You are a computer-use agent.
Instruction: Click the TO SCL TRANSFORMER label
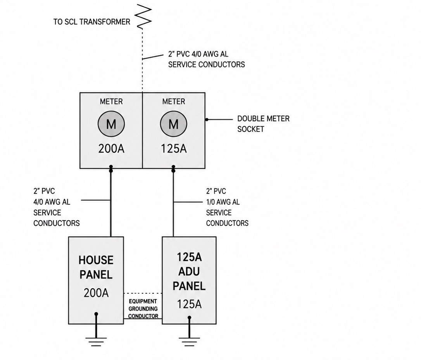pyautogui.click(x=91, y=22)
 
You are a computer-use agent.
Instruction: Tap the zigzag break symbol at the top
pyautogui.click(x=143, y=16)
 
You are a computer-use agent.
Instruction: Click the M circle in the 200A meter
pyautogui.click(x=111, y=124)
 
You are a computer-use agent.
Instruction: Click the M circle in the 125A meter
pyautogui.click(x=173, y=124)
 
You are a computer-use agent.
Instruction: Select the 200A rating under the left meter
pyautogui.click(x=111, y=149)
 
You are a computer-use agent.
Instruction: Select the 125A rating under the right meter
pyautogui.click(x=174, y=149)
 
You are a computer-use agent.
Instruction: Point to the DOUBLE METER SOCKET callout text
pyautogui.click(x=263, y=124)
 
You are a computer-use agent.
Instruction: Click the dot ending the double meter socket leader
pyautogui.click(x=207, y=119)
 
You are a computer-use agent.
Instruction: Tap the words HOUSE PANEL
pyautogui.click(x=96, y=267)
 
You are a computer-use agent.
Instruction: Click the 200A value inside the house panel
pyautogui.click(x=96, y=293)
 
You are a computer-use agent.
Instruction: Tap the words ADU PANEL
pyautogui.click(x=189, y=279)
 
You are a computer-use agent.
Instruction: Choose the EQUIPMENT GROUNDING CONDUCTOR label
pyautogui.click(x=143, y=309)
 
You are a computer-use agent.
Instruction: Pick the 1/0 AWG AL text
pyautogui.click(x=223, y=202)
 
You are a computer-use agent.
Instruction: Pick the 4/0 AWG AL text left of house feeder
pyautogui.click(x=52, y=202)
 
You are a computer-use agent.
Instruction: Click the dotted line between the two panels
pyautogui.click(x=143, y=293)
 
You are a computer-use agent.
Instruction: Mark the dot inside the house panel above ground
pyautogui.click(x=96, y=314)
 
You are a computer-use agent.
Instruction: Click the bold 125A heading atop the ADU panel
pyautogui.click(x=189, y=257)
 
